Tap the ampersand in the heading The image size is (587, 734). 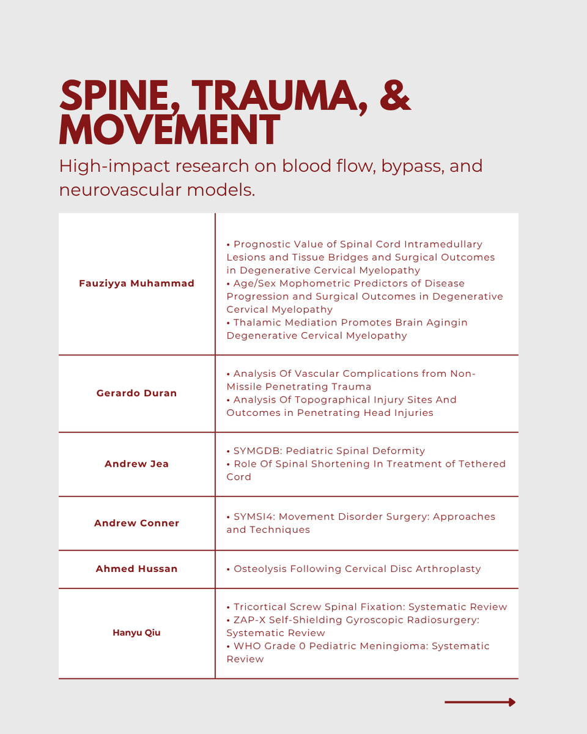point(390,96)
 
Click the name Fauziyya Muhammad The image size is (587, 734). point(136,283)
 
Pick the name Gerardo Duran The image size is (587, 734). point(136,393)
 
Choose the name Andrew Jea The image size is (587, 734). point(136,464)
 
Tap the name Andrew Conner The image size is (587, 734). point(136,523)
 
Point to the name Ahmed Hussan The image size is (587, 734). point(136,569)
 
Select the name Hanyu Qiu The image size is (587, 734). point(136,632)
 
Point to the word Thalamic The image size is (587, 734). point(257,322)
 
